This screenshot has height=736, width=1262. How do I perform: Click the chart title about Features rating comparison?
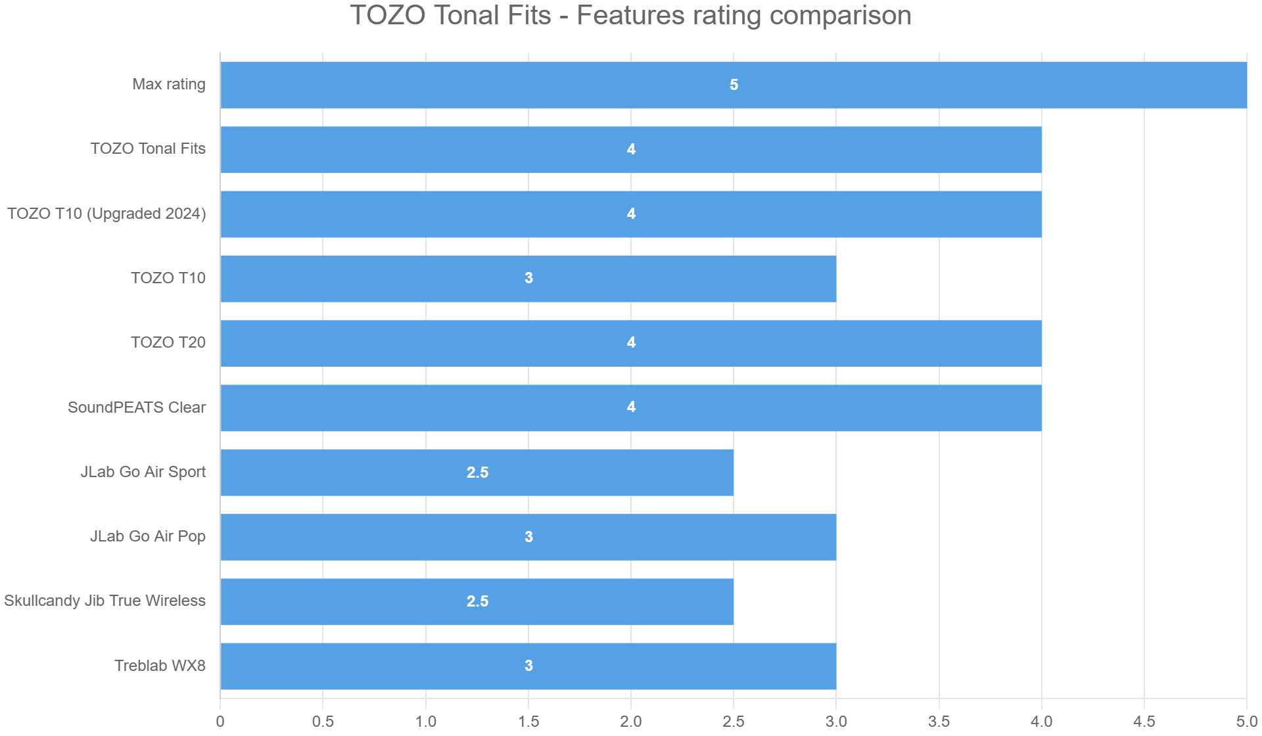point(630,16)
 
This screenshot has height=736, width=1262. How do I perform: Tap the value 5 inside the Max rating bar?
point(734,85)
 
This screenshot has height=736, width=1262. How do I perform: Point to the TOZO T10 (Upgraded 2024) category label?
point(106,214)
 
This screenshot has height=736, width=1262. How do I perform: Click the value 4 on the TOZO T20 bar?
point(631,342)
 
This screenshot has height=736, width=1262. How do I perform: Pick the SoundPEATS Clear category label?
point(137,407)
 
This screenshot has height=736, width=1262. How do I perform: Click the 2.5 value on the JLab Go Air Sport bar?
point(477,472)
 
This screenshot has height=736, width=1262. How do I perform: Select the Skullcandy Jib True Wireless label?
point(105,601)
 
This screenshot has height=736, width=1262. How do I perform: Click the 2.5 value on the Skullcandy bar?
point(477,601)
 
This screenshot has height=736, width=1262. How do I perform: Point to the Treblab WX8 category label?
point(160,666)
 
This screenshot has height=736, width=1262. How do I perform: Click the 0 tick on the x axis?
point(220,722)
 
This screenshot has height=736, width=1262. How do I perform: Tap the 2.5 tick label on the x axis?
point(734,722)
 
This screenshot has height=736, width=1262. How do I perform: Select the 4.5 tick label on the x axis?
point(1144,722)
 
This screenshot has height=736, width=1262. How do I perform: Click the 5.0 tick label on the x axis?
point(1246,722)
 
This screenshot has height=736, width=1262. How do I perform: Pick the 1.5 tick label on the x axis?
point(528,722)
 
